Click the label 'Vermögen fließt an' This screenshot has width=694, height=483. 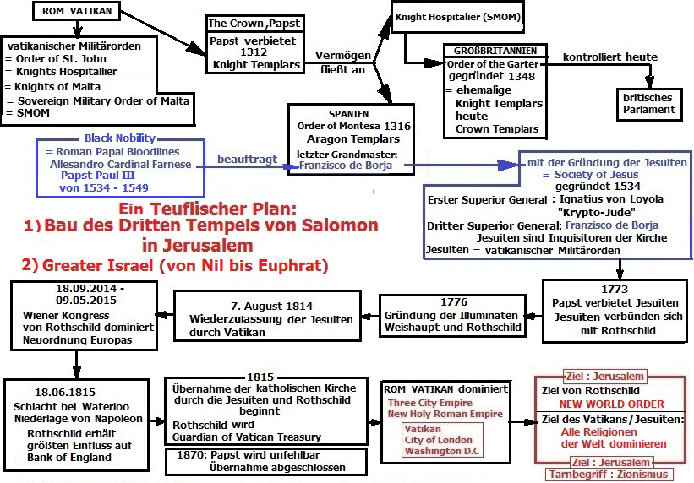pyautogui.click(x=340, y=62)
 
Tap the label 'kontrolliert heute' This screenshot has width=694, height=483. pyautogui.click(x=604, y=57)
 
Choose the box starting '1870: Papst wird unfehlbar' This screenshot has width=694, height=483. pyautogui.click(x=265, y=461)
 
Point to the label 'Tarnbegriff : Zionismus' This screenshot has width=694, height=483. pyautogui.click(x=611, y=474)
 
